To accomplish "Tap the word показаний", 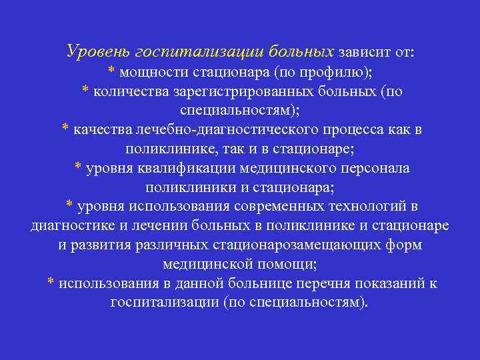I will tap(389, 283).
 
